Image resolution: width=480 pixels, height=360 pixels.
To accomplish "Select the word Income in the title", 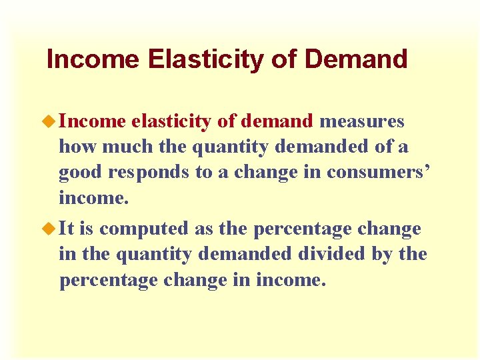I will coord(93,59).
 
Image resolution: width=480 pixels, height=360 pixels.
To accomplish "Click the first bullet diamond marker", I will coord(51,121).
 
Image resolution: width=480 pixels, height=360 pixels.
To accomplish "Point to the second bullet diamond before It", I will coord(51,228).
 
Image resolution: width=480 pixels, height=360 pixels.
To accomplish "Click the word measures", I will coord(361,121).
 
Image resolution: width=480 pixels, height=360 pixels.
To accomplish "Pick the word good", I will coord(79,173).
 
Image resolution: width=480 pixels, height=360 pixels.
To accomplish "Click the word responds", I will coord(148,173).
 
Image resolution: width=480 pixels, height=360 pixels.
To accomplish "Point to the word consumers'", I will coord(379,173).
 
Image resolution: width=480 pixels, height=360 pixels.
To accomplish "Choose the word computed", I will coord(144,229).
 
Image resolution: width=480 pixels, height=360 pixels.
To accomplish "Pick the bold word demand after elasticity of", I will coord(277,121).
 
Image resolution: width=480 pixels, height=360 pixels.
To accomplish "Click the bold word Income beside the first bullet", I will coord(92,121).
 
